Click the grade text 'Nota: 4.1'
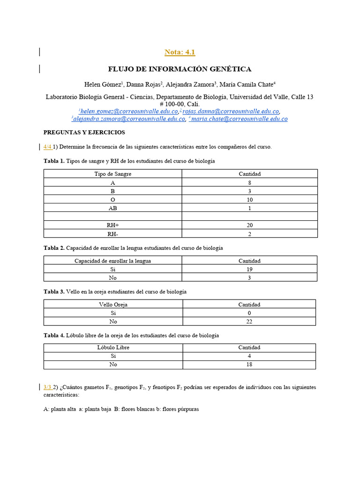click(x=180, y=52)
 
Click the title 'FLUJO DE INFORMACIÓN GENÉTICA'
click(x=180, y=69)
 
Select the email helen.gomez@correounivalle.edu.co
click(x=129, y=112)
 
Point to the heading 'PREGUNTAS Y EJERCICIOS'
click(x=84, y=133)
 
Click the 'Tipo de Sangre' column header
click(x=113, y=174)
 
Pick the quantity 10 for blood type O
click(x=249, y=200)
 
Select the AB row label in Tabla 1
click(x=113, y=208)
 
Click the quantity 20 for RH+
click(x=249, y=225)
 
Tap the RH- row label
click(x=113, y=233)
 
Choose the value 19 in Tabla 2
click(x=249, y=269)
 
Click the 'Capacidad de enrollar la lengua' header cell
click(x=113, y=261)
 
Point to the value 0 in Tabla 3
click(x=249, y=313)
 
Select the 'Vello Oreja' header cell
click(x=113, y=304)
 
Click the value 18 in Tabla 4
click(x=249, y=364)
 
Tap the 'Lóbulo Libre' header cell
click(x=113, y=347)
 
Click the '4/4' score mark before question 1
click(x=47, y=147)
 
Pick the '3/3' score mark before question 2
click(x=47, y=387)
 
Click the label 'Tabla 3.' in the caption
click(x=54, y=292)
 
